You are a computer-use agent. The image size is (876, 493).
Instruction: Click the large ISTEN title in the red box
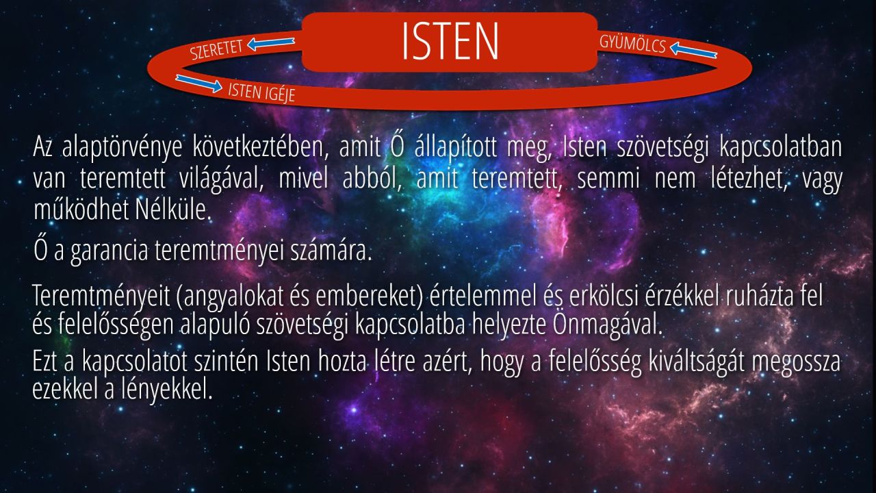[x=450, y=41]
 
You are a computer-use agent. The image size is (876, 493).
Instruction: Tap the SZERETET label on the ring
[x=217, y=50]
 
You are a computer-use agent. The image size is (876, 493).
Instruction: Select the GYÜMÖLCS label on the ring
[x=632, y=44]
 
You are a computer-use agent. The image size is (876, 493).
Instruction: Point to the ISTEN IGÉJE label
[x=261, y=92]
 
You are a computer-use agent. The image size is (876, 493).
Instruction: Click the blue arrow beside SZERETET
[x=271, y=43]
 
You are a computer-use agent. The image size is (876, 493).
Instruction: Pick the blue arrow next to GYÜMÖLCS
[x=693, y=50]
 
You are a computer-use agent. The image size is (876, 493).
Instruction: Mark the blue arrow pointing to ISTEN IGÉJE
[x=199, y=83]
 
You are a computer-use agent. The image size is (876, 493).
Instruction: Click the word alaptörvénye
[x=122, y=147]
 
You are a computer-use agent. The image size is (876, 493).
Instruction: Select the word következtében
[x=260, y=147]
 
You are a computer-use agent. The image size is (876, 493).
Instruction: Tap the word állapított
[x=456, y=147]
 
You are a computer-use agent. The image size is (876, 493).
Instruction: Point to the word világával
[x=221, y=179]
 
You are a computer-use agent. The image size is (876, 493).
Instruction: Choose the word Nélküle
[x=173, y=210]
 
